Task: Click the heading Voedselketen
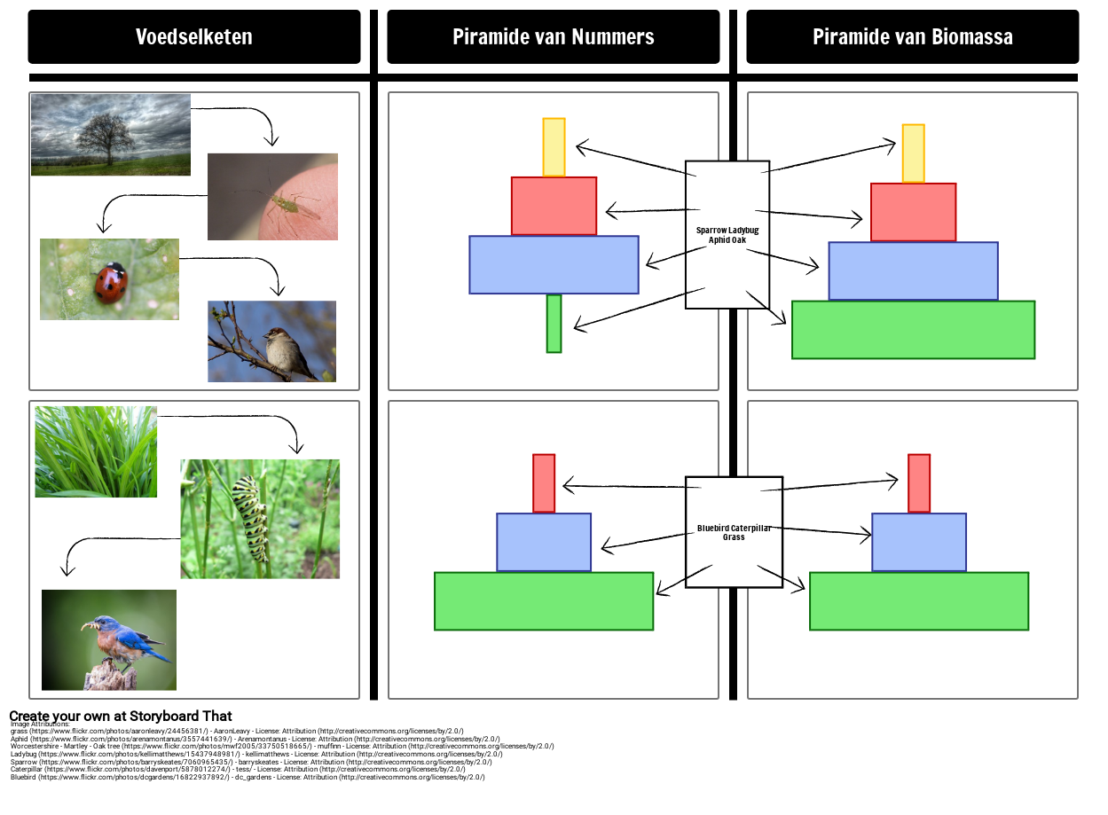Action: [x=193, y=37]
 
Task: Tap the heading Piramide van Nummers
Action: [x=553, y=37]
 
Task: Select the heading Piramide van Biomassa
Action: [x=912, y=37]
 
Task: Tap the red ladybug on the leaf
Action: [x=112, y=282]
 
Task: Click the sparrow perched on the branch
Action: [x=286, y=352]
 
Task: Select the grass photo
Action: [x=96, y=451]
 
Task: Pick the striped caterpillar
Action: [x=250, y=519]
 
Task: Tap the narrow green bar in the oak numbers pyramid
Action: [x=554, y=324]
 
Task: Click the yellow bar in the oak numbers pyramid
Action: [x=554, y=147]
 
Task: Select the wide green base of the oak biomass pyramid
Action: [x=913, y=330]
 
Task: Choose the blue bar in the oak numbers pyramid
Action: [x=554, y=264]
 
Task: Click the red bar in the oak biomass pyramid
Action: [x=913, y=212]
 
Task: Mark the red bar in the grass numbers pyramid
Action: [x=544, y=483]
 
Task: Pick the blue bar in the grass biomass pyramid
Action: [x=919, y=542]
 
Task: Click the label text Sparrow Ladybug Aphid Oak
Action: [x=727, y=235]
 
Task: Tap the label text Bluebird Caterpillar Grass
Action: [x=734, y=532]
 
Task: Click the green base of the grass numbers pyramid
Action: [x=544, y=601]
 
